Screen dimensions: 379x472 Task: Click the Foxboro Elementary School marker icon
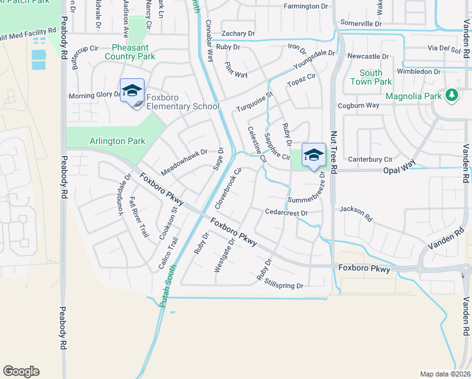coord(133,92)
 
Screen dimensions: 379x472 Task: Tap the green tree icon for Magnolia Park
coord(451,95)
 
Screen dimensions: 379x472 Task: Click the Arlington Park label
coord(117,141)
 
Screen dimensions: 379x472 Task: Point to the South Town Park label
coord(371,77)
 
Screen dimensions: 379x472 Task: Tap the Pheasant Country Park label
coord(134,52)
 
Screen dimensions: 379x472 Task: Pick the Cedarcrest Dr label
coord(286,213)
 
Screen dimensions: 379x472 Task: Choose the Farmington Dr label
coord(306,6)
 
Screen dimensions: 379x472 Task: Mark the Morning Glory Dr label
coord(95,95)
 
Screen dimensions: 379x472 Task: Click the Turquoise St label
coord(255,102)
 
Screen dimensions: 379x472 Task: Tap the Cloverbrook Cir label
coord(229,188)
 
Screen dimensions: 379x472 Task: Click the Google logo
coord(21,371)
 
